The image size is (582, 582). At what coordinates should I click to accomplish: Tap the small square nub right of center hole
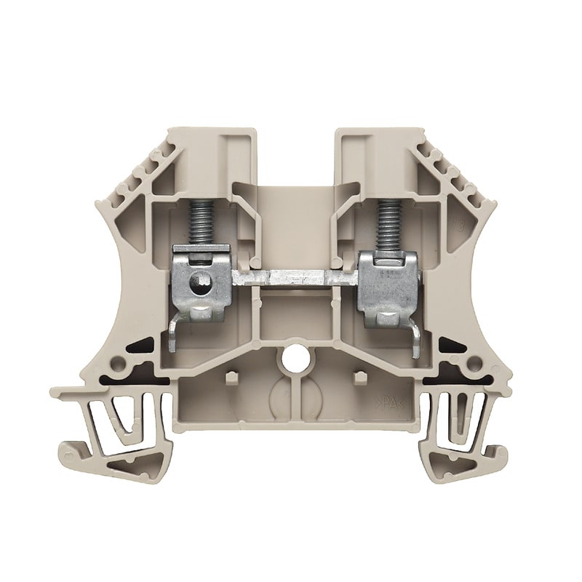(x=356, y=378)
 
